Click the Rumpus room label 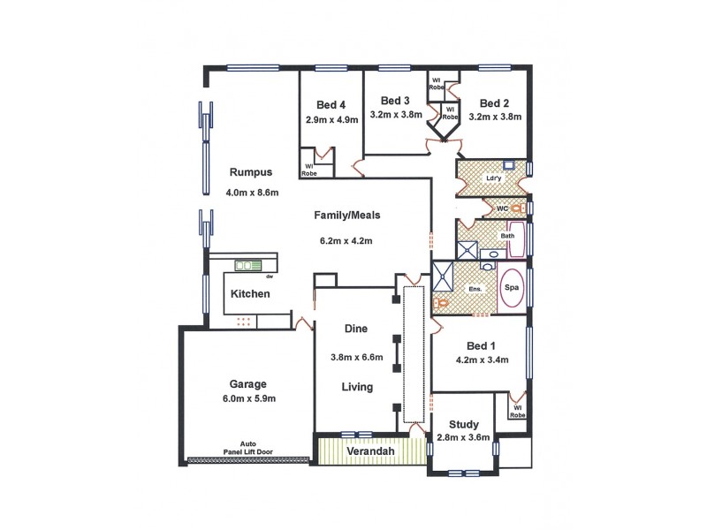[250, 172]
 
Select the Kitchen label [250, 294]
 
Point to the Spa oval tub [512, 288]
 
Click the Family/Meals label [344, 215]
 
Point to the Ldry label [493, 178]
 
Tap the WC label [501, 208]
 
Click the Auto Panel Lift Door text [250, 449]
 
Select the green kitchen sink [246, 265]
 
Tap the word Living [358, 387]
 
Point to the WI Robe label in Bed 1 [517, 410]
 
